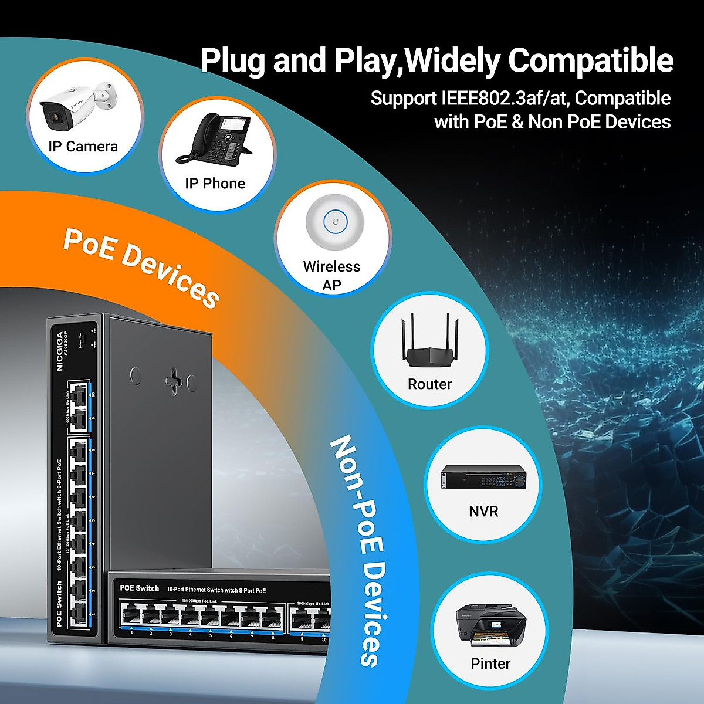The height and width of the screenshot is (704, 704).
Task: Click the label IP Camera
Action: (x=83, y=147)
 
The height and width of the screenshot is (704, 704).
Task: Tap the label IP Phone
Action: (x=215, y=184)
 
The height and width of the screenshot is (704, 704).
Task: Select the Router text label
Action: (x=430, y=384)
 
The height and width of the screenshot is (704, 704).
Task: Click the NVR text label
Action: (x=483, y=512)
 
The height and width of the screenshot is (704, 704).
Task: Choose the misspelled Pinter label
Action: (x=490, y=664)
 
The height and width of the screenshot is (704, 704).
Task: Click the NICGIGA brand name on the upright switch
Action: (x=60, y=351)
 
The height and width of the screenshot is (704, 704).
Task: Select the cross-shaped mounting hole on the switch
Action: (x=174, y=380)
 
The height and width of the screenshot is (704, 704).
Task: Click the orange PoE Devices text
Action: (x=141, y=268)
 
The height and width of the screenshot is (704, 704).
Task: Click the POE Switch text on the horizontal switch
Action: (x=140, y=588)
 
